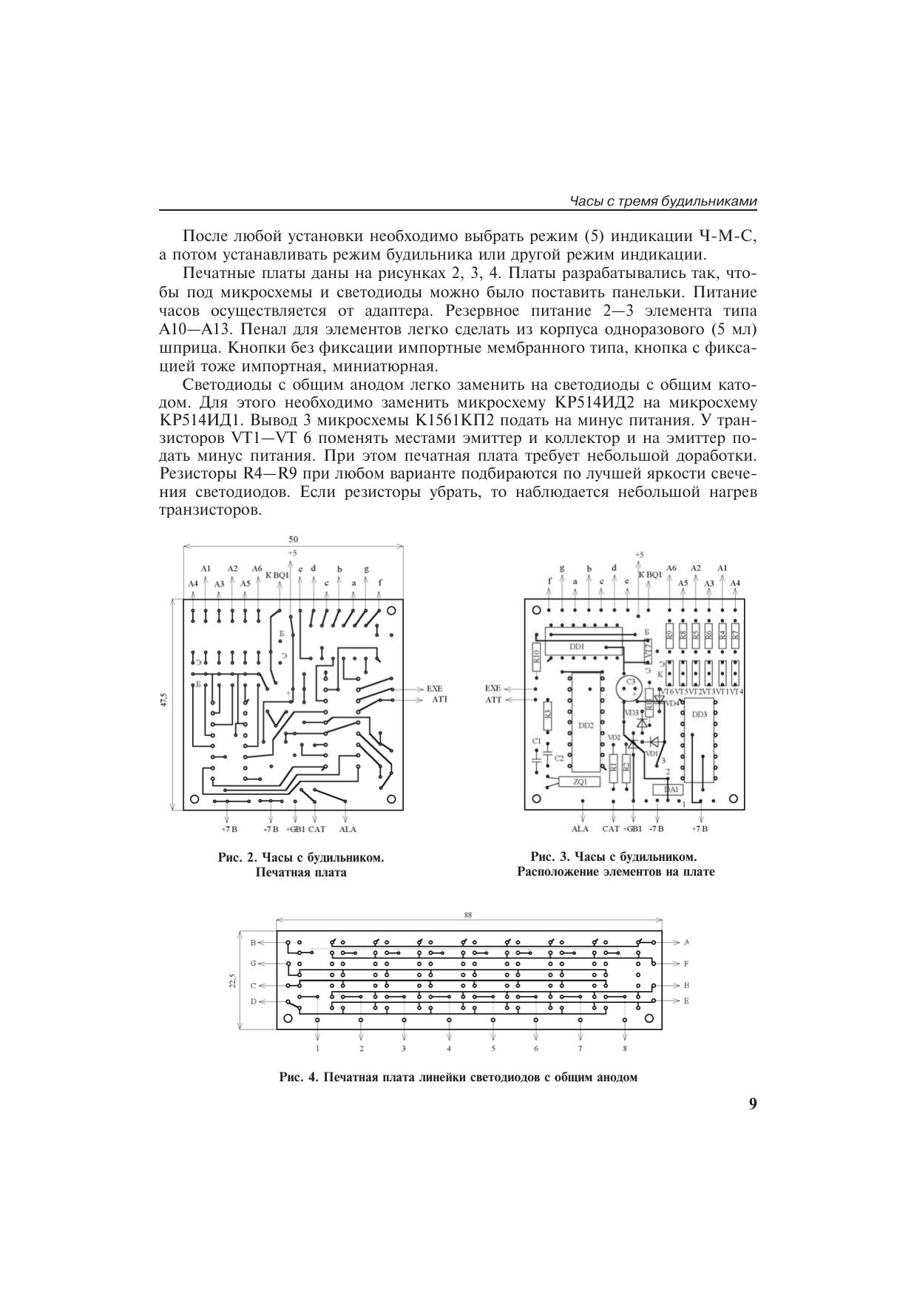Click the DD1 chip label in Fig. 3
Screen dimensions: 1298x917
[577, 646]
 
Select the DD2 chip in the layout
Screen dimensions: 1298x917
[586, 725]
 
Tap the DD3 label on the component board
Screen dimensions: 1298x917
[699, 714]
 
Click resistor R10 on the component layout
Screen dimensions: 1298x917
[536, 653]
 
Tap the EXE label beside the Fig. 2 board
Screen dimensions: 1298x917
[433, 689]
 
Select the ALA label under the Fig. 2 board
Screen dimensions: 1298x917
[347, 829]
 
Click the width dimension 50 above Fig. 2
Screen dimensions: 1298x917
[294, 540]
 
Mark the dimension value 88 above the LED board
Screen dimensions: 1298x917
[468, 915]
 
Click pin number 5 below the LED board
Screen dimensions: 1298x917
[493, 1048]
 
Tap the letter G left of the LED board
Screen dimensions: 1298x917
[253, 964]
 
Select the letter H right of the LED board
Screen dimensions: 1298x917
[686, 985]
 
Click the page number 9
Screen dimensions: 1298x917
[752, 1104]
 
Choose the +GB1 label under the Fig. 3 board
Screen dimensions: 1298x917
[632, 829]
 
